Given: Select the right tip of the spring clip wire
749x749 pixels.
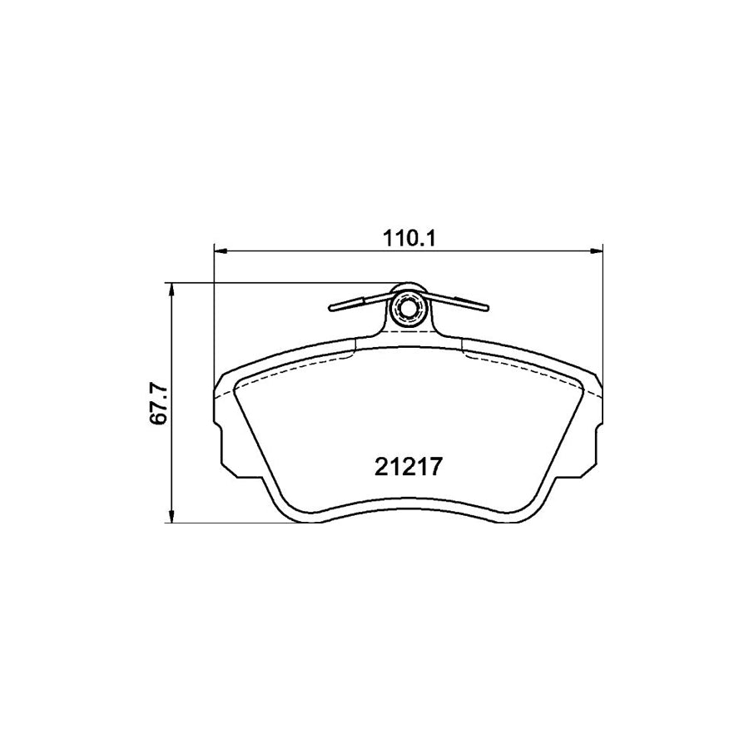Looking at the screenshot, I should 484,305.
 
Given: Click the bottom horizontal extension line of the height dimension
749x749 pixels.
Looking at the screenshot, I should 233,523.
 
